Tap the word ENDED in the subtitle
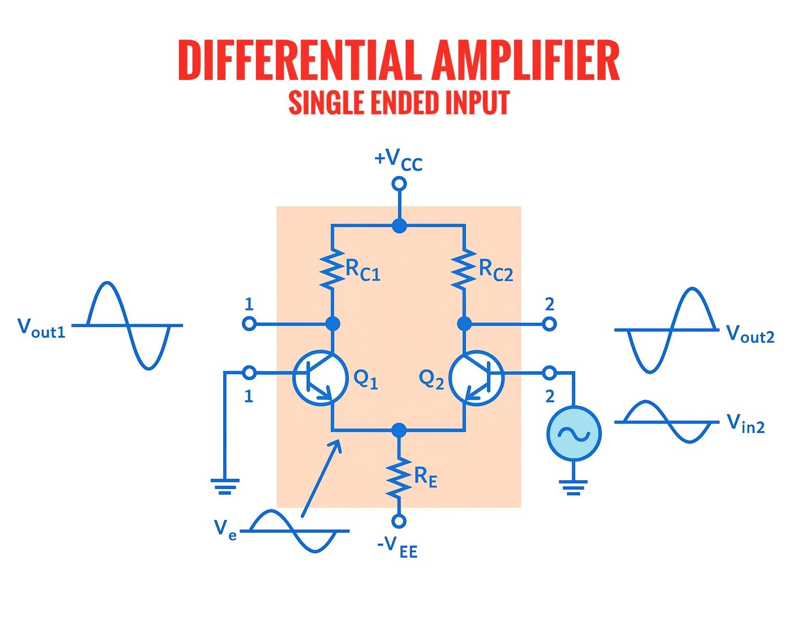(x=405, y=102)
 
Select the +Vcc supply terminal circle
(x=399, y=183)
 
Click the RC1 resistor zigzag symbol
(x=331, y=269)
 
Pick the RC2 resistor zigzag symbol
(x=463, y=269)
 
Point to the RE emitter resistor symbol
(x=399, y=478)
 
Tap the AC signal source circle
(x=574, y=433)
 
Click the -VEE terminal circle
(x=399, y=521)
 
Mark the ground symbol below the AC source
(x=574, y=488)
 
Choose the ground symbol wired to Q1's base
(x=225, y=487)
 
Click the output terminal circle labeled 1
(x=249, y=324)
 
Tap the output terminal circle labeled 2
(x=549, y=324)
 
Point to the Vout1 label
(x=42, y=328)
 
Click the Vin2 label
(x=745, y=424)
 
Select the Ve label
(x=225, y=530)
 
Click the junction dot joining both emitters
(x=399, y=430)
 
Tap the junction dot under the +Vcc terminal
(x=399, y=226)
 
